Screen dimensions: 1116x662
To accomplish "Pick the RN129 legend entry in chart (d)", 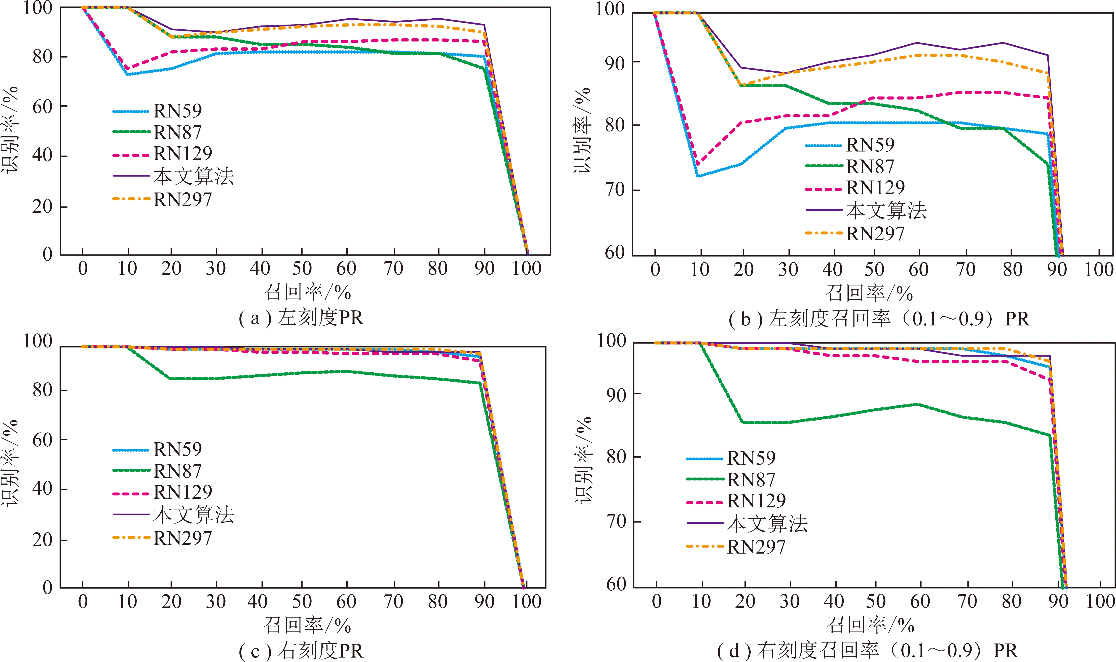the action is tap(736, 501).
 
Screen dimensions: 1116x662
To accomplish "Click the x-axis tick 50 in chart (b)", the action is tap(874, 270).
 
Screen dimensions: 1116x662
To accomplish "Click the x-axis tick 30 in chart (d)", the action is tap(790, 601).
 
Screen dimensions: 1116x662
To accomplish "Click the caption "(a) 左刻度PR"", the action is tap(301, 318).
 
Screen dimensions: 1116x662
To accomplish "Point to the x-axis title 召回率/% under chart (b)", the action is tap(869, 293).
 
